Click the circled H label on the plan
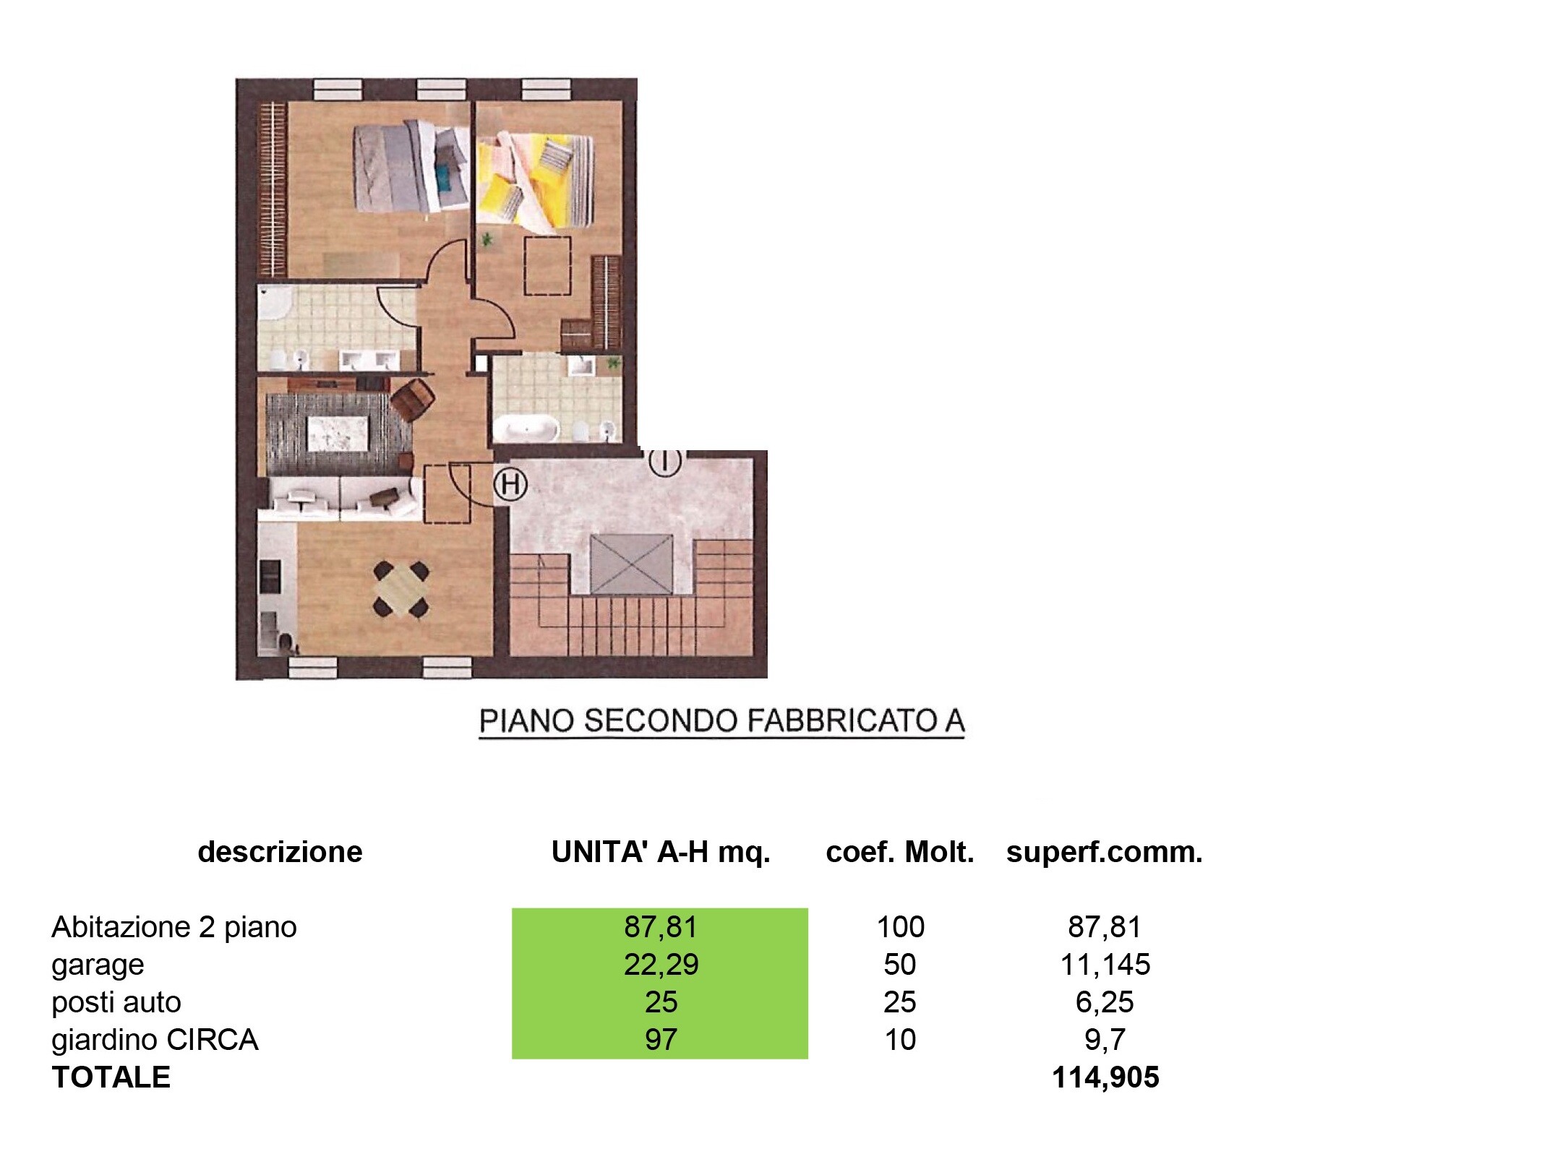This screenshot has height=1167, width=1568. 510,483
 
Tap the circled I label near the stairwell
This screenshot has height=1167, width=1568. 664,461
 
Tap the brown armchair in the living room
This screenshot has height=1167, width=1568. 413,399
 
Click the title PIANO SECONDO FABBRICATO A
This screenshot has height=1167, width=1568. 722,721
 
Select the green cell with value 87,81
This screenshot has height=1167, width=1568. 660,927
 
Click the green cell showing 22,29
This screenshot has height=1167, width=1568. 660,965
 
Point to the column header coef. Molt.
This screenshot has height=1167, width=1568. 900,853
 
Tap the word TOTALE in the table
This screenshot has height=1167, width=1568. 111,1077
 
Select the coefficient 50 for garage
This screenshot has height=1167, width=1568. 900,965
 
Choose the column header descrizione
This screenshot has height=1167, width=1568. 280,853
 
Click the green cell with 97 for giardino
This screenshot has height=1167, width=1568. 660,1040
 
